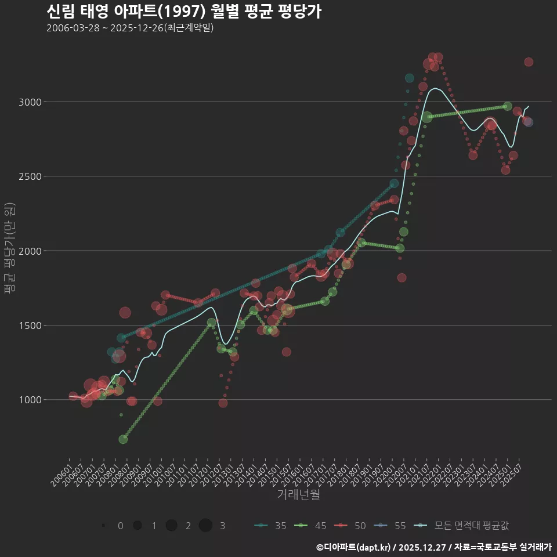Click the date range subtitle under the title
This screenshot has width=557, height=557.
pyautogui.click(x=130, y=28)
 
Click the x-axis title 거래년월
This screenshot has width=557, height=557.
pyautogui.click(x=298, y=495)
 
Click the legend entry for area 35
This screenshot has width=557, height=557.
pyautogui.click(x=270, y=526)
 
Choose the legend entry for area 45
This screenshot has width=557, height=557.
pyautogui.click(x=310, y=526)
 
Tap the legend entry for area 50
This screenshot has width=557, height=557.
pyautogui.click(x=350, y=526)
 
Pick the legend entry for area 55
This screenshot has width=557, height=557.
pyautogui.click(x=390, y=526)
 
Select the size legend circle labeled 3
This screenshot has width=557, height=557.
pyautogui.click(x=205, y=526)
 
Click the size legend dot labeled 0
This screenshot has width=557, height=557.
pyautogui.click(x=103, y=526)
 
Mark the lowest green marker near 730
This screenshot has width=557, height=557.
pyautogui.click(x=123, y=439)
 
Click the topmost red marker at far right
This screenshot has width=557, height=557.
pyautogui.click(x=529, y=62)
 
